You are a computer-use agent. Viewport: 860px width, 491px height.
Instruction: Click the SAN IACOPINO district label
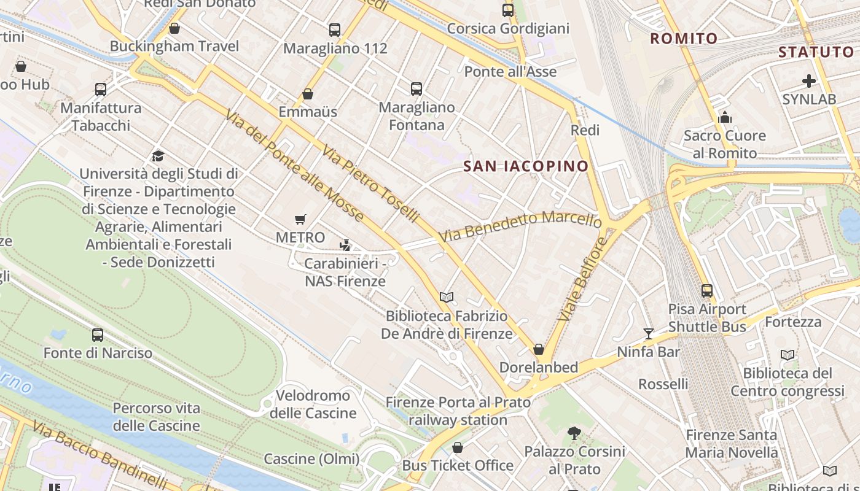(526, 166)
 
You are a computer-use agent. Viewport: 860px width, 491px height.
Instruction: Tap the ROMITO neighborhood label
(684, 39)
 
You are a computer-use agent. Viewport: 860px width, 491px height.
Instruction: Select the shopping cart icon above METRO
(300, 219)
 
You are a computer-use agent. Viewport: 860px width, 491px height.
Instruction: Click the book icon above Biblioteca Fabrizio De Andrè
(447, 298)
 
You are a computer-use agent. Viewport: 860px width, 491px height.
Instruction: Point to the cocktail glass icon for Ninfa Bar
(649, 334)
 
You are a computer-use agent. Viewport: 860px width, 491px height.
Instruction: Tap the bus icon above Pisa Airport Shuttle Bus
(707, 291)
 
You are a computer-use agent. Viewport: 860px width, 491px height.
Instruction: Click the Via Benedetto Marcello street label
(520, 226)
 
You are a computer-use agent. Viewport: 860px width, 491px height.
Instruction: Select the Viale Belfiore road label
(583, 279)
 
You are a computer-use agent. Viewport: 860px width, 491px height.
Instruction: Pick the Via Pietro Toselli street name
(370, 184)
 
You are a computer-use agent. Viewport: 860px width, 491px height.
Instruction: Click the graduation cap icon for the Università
(158, 156)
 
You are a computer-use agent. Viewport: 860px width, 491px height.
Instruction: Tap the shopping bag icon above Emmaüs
(308, 94)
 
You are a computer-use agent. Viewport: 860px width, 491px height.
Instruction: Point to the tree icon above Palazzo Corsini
(574, 433)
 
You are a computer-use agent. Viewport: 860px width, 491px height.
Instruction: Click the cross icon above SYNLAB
(809, 81)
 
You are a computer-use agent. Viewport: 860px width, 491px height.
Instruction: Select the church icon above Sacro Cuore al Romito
(725, 117)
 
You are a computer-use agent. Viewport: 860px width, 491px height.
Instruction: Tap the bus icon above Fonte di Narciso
(98, 335)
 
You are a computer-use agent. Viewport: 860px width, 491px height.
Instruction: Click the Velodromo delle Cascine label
(313, 404)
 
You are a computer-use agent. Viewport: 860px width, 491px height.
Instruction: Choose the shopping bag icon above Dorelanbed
(539, 349)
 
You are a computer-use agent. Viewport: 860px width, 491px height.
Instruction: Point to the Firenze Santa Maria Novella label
(731, 444)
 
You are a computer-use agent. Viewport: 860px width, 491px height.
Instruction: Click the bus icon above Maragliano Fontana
(416, 89)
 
